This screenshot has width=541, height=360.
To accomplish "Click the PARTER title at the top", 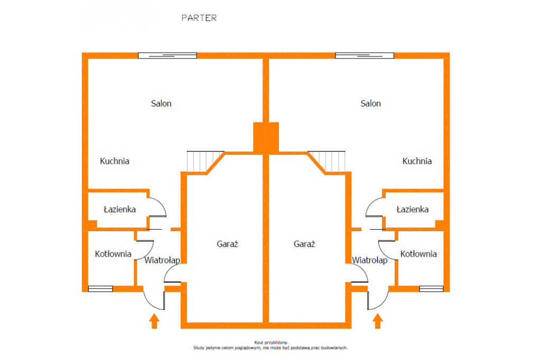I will coord(199,17).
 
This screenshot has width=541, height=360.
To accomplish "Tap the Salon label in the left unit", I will coord(161,103).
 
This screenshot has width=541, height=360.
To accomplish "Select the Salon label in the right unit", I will coord(370,103).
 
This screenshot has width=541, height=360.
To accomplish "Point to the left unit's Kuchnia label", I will coord(115,161).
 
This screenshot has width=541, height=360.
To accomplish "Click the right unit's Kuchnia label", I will coord(417,161).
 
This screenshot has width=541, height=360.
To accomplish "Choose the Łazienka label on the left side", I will coord(119,209).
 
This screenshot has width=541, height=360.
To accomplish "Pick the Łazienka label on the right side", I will coord(413,209).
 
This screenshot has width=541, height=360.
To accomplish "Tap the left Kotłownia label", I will coord(113,254).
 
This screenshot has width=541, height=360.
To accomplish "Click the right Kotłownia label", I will coord(418,254).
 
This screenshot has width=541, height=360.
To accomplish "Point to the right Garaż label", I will coord(304,244).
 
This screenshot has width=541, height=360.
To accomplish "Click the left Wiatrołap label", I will coord(162,260).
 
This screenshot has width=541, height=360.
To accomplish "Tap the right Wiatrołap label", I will coord(370,260).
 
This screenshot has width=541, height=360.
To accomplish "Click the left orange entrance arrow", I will coord(154,321).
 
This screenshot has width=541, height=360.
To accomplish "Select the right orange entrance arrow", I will coord(377,321).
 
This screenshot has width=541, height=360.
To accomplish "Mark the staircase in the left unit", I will coord(203,161).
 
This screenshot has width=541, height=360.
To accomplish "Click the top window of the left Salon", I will coord(167,55).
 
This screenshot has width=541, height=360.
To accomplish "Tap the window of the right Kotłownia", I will coord(431,289).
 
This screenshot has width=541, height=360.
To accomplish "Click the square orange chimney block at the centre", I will coord(266,137).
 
